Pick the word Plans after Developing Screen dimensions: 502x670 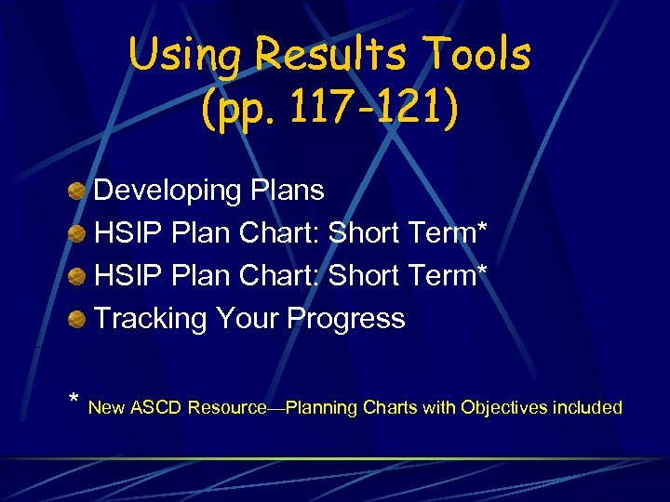[287, 191]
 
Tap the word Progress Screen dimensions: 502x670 [346, 319]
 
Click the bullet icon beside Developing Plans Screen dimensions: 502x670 [77, 192]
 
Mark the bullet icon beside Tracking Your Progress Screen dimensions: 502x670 [77, 320]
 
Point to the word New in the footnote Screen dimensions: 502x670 [108, 407]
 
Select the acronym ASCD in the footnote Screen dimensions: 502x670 [156, 407]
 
